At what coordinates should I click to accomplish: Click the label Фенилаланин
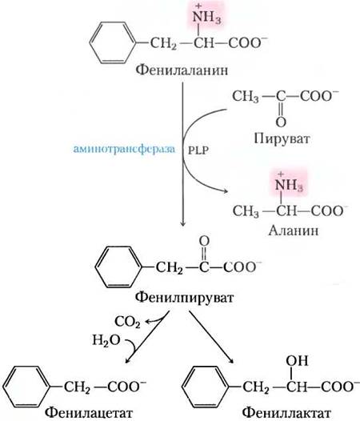[182, 70]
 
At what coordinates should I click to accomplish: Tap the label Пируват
[282, 139]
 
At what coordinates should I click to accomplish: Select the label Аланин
[294, 231]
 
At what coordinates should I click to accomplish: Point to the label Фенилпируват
[184, 298]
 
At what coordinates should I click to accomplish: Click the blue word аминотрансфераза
[124, 149]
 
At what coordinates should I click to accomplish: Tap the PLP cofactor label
[198, 150]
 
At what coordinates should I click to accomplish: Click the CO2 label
[127, 322]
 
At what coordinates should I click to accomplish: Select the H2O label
[106, 340]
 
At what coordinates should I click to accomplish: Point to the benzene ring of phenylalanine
[113, 42]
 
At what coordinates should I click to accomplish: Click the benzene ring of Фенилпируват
[118, 267]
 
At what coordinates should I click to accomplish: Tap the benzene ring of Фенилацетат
[27, 387]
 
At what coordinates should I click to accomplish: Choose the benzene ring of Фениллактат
[206, 387]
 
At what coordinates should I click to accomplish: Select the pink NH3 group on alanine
[289, 183]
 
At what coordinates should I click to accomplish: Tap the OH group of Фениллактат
[297, 361]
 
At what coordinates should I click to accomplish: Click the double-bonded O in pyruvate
[281, 122]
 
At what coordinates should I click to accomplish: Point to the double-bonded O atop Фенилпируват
[204, 241]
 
